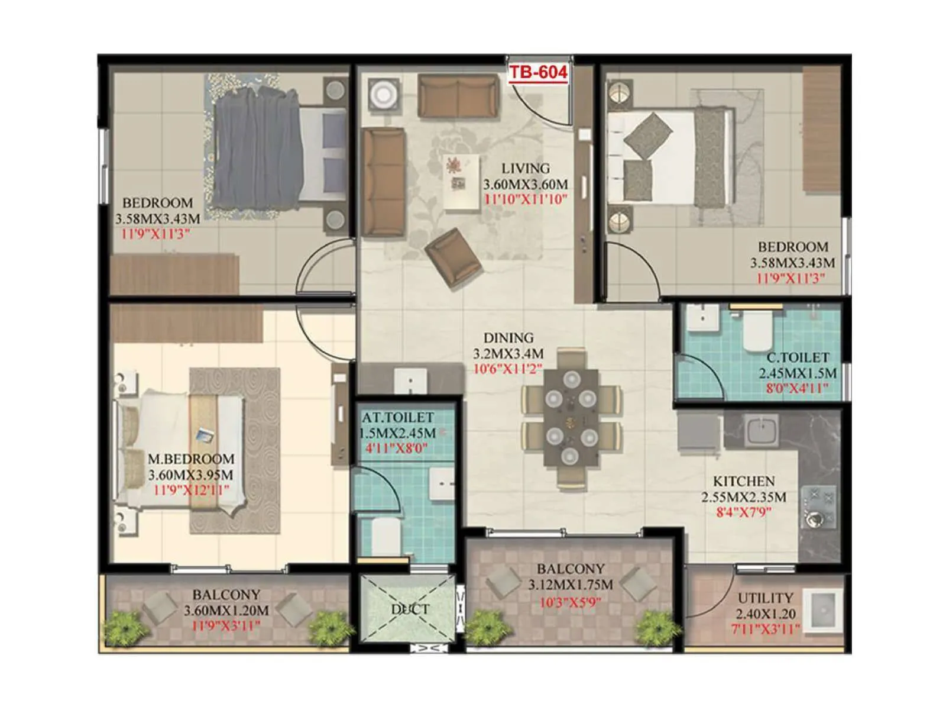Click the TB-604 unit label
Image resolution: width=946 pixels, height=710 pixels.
click(x=538, y=72)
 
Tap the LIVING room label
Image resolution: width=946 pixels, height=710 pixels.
click(x=526, y=169)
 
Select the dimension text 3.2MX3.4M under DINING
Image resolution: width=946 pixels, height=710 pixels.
click(x=508, y=354)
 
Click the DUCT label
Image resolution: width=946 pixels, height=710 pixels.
click(x=410, y=609)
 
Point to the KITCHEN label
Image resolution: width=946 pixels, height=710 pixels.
click(x=743, y=482)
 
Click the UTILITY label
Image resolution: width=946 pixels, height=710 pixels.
click(x=765, y=598)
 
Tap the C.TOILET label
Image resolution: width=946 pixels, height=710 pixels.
click(x=798, y=358)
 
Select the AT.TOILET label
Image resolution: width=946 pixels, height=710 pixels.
click(x=398, y=418)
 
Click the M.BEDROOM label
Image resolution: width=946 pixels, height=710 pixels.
click(x=190, y=459)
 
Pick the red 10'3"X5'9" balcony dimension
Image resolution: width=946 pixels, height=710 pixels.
click(x=570, y=603)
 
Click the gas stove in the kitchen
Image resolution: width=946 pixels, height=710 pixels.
click(x=819, y=507)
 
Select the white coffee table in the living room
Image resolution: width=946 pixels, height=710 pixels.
click(x=462, y=182)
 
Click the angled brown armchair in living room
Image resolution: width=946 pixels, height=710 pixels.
click(x=453, y=258)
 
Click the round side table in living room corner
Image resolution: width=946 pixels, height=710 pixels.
click(x=383, y=93)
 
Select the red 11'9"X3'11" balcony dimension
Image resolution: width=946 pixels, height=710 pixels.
click(x=225, y=625)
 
